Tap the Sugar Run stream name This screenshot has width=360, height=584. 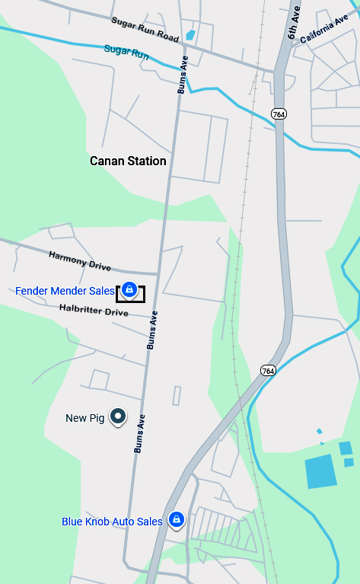pyautogui.click(x=126, y=53)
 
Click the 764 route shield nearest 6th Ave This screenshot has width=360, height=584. pyautogui.click(x=279, y=113)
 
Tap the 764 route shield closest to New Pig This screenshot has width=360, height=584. pyautogui.click(x=267, y=371)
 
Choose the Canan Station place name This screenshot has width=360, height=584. pyautogui.click(x=128, y=161)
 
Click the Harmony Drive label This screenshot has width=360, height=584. pyautogui.click(x=80, y=261)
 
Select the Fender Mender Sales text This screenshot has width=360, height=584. pyautogui.click(x=65, y=291)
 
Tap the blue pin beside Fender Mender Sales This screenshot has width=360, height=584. pyautogui.click(x=129, y=290)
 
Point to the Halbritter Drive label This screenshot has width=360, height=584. pyautogui.click(x=94, y=311)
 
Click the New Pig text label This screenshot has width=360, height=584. pyautogui.click(x=84, y=417)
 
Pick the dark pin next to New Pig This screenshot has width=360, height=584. pyautogui.click(x=118, y=416)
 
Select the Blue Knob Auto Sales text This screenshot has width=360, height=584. pyautogui.click(x=112, y=522)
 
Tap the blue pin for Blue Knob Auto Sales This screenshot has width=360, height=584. pyautogui.click(x=177, y=519)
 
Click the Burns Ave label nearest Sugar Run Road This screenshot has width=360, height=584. pyautogui.click(x=183, y=75)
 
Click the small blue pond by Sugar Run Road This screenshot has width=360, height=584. pyautogui.click(x=190, y=35)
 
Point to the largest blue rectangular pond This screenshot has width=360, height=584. pyautogui.click(x=320, y=471)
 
